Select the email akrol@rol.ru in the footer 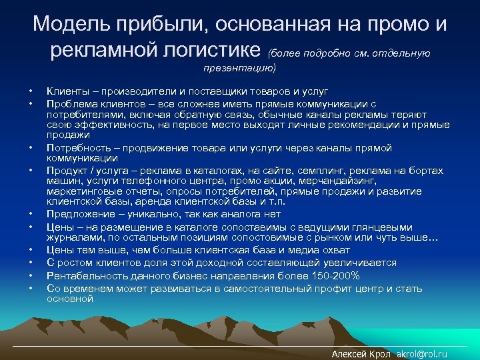421,354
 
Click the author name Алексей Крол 361,354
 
